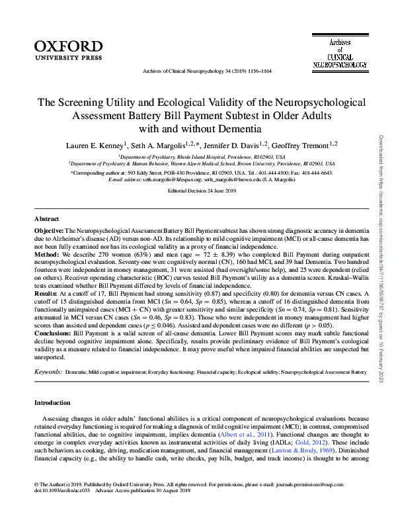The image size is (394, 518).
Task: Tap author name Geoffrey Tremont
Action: click(x=303, y=145)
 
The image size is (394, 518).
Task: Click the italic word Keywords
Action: click(x=48, y=373)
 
